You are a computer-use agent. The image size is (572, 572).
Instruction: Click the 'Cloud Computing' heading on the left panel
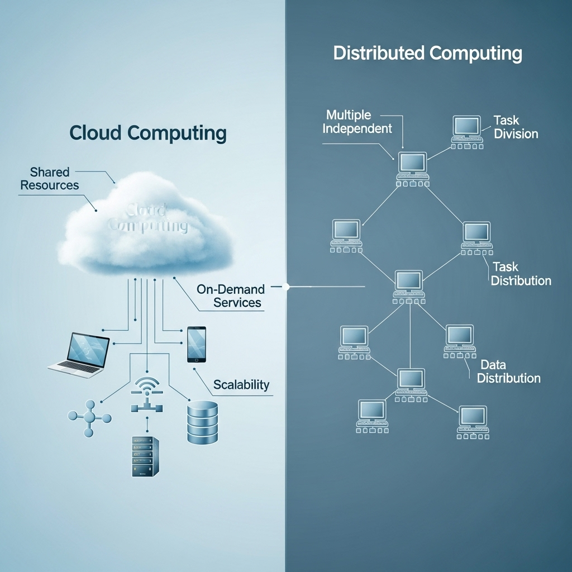pos(148,133)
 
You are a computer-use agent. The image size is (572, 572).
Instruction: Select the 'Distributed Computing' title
pos(428,54)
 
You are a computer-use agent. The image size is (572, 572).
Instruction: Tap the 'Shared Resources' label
pos(50,179)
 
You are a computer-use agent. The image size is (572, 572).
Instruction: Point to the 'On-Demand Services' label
pos(229,296)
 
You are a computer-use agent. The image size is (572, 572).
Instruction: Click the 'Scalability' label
pos(241,385)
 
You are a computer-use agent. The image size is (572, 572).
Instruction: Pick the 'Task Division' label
pos(515,127)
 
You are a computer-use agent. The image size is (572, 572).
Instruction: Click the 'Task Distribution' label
pos(521,274)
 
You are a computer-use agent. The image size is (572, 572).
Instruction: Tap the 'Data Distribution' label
pos(509,371)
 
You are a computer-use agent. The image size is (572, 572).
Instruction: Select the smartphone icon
pos(197,344)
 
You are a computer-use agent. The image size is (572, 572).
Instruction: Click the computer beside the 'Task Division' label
pos(467,131)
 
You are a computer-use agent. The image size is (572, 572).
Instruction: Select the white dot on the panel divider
pos(287,287)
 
